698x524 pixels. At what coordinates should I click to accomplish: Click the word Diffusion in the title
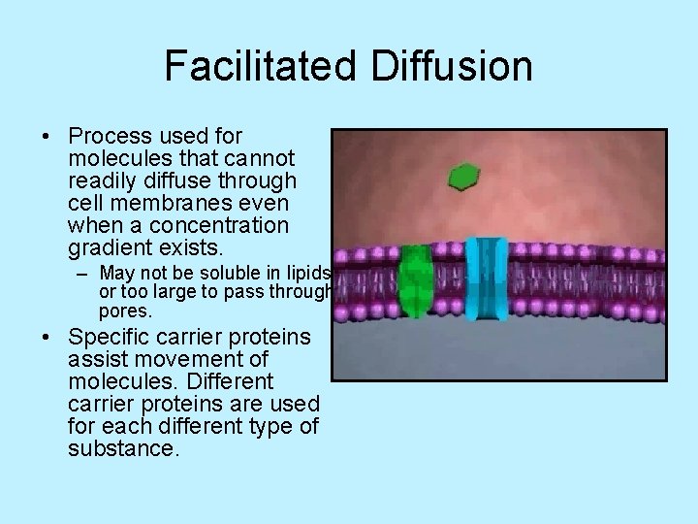pyautogui.click(x=459, y=66)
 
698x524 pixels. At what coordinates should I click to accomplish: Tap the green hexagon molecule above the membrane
pyautogui.click(x=463, y=177)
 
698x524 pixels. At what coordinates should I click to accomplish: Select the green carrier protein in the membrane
pyautogui.click(x=416, y=280)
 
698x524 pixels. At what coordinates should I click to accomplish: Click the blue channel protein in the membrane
pyautogui.click(x=486, y=278)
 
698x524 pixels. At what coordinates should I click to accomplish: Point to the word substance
pyautogui.click(x=123, y=448)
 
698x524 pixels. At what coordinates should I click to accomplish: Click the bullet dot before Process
pyautogui.click(x=48, y=137)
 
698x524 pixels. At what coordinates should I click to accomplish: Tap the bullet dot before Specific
pyautogui.click(x=48, y=338)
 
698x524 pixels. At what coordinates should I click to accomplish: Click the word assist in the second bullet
pyautogui.click(x=97, y=359)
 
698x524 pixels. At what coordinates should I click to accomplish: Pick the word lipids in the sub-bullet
pyautogui.click(x=307, y=273)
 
